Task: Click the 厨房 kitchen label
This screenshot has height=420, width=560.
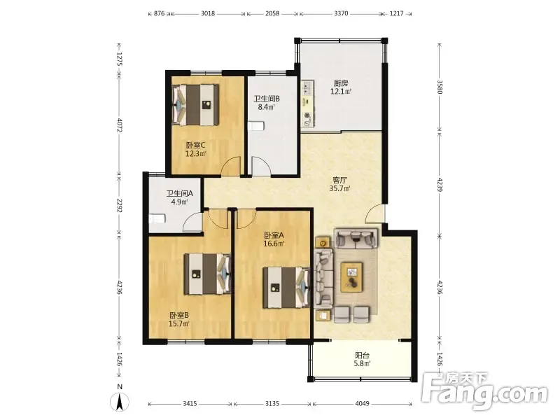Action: coord(341,83)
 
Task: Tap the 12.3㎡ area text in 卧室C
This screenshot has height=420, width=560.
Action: coord(196,154)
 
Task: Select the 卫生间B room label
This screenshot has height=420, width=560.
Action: coord(267,99)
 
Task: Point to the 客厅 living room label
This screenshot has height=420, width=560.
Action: coord(339,180)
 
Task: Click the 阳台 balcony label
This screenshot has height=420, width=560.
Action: coord(362,356)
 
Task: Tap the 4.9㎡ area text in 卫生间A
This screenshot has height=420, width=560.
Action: coord(180,202)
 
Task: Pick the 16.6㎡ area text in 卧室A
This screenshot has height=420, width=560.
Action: coord(274,244)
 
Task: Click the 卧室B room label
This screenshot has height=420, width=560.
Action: coord(179,316)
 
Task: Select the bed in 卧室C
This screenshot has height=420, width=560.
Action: coord(195,104)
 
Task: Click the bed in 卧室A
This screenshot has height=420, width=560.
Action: coord(286,288)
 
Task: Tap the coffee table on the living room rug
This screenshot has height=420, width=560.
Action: coord(352,274)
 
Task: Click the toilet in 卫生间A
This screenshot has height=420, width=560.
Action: coord(157,218)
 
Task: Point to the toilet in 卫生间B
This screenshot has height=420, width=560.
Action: coord(256,126)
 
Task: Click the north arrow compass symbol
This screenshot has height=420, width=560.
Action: coord(120,402)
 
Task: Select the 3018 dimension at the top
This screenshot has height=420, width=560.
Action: coord(208,13)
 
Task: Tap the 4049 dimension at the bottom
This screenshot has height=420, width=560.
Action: coord(362,404)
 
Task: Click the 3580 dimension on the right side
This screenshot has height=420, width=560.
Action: coord(440,86)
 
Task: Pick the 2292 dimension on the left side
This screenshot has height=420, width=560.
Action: coord(120,206)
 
